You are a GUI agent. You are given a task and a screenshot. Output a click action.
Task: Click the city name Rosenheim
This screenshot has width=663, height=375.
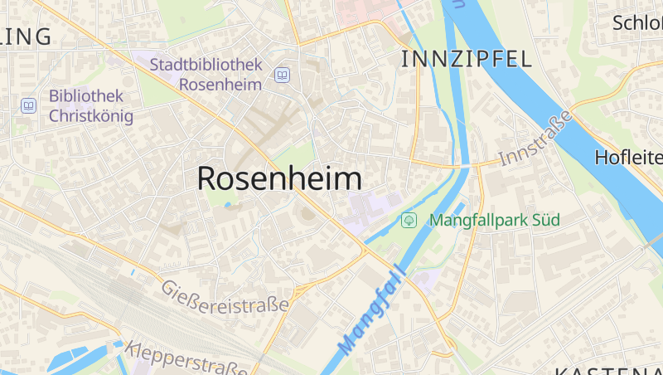tap(279, 179)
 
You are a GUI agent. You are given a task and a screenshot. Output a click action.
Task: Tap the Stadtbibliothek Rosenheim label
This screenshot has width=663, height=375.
tap(206, 74)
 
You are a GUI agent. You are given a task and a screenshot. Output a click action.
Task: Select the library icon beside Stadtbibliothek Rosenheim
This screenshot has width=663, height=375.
tap(282, 75)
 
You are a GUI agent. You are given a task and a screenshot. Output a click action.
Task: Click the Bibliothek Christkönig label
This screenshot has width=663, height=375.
tap(90, 105)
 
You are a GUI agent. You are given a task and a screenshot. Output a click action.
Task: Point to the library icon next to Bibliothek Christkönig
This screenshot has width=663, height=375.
tap(28, 105)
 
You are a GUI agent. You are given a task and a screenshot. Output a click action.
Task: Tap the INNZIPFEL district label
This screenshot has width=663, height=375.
tap(466, 58)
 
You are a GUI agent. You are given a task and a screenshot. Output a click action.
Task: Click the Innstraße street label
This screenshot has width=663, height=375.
tap(536, 139)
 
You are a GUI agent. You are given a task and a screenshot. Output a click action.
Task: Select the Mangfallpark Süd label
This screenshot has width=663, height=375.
tap(495, 220)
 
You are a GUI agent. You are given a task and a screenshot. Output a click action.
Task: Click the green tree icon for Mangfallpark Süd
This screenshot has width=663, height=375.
tap(408, 220)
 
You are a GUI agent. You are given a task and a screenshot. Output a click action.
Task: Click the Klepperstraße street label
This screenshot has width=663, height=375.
tap(187, 359)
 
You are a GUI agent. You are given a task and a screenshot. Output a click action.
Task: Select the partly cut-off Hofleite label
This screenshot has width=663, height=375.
tap(628, 157)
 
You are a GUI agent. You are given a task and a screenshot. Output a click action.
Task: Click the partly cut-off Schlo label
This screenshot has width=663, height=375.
tap(636, 22)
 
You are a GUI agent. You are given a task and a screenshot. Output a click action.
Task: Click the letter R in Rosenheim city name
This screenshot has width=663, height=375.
tap(209, 179)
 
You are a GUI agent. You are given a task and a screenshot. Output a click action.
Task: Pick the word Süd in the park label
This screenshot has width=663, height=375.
tap(545, 220)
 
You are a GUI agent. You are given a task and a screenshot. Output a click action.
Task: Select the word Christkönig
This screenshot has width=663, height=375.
tap(90, 115)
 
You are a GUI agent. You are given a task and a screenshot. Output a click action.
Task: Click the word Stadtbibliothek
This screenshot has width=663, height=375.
tap(206, 64)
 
